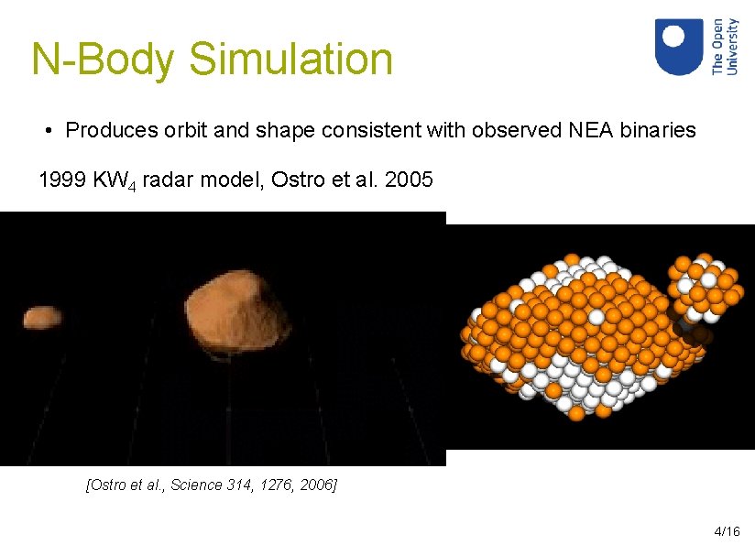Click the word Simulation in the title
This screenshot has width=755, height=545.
290,60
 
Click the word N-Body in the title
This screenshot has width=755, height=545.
102,60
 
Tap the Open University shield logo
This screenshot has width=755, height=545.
679,47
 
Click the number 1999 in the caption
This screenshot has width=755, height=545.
61,180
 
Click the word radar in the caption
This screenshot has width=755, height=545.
168,180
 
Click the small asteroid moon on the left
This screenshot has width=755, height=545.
42,317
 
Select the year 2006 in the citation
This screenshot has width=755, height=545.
318,485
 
